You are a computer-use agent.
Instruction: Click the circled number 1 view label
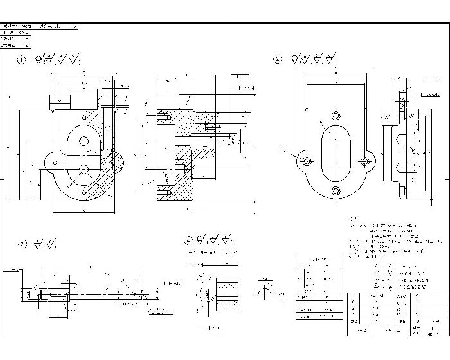(x=21, y=60)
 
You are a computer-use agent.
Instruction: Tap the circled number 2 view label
(x=277, y=60)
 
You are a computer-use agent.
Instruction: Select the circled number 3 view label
(x=21, y=244)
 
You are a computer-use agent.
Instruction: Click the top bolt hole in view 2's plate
(x=335, y=116)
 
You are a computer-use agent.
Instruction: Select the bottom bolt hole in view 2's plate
(x=335, y=191)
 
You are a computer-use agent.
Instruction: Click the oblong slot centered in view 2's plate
(x=335, y=153)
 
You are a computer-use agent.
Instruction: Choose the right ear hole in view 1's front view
(x=114, y=161)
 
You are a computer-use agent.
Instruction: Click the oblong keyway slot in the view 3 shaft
(x=57, y=295)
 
